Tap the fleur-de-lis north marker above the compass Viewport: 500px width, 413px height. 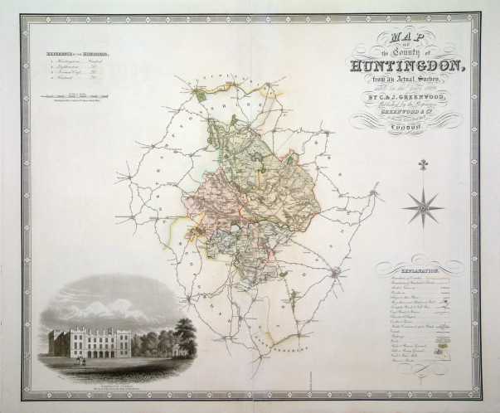[x=423, y=165]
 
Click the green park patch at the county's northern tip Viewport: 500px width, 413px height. [x=201, y=95]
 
